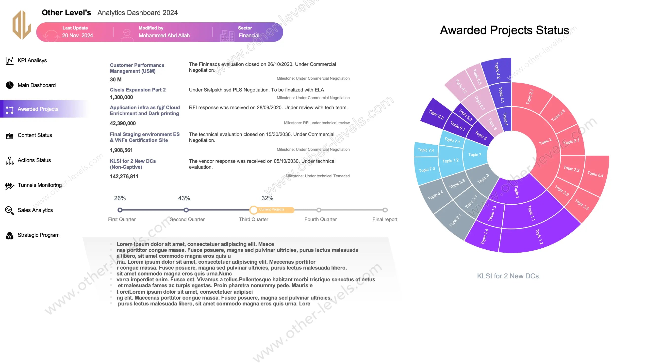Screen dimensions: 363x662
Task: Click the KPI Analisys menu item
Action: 32,60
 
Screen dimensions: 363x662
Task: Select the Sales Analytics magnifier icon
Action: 10,210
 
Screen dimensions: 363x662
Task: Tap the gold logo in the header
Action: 22,25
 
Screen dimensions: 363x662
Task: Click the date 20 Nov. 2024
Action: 77,35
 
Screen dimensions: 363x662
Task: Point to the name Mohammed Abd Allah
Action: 164,35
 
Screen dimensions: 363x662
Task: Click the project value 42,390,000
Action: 123,123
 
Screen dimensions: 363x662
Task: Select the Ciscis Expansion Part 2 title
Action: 138,90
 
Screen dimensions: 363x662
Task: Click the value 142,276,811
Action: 124,176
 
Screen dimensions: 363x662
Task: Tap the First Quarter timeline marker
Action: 120,210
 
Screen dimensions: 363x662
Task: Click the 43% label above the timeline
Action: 184,198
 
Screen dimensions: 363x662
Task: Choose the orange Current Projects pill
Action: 272,210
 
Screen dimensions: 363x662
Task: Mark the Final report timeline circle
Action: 385,210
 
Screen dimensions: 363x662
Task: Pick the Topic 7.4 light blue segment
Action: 426,150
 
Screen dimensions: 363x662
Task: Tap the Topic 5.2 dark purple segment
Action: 436,115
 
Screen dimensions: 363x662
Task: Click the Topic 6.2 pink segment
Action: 461,86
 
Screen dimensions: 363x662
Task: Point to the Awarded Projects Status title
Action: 504,30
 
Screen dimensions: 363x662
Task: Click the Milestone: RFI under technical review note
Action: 317,123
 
